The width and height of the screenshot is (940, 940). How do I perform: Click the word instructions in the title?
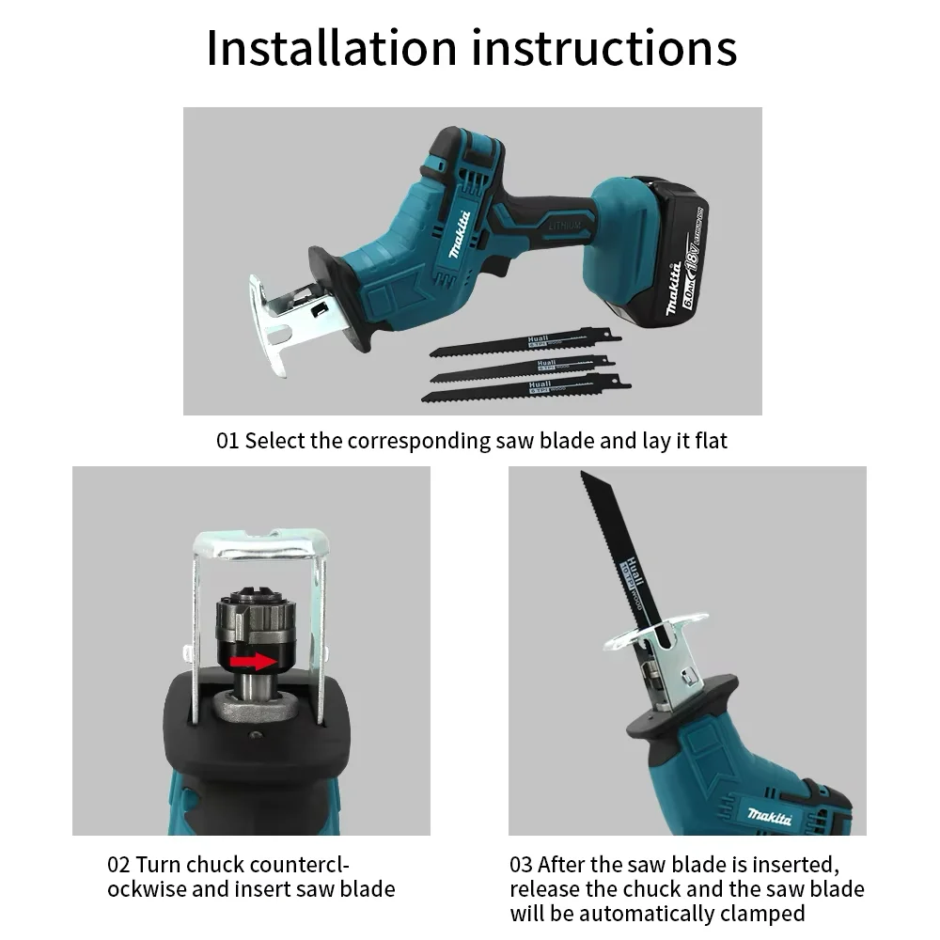(x=604, y=49)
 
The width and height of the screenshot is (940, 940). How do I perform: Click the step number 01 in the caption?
(x=227, y=440)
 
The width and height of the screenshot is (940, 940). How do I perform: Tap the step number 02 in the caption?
(x=118, y=865)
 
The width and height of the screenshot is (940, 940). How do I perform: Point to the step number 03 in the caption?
(x=522, y=865)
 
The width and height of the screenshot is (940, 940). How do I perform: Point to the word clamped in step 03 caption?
(x=761, y=913)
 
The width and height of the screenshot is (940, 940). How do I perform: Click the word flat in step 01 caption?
(x=713, y=440)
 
